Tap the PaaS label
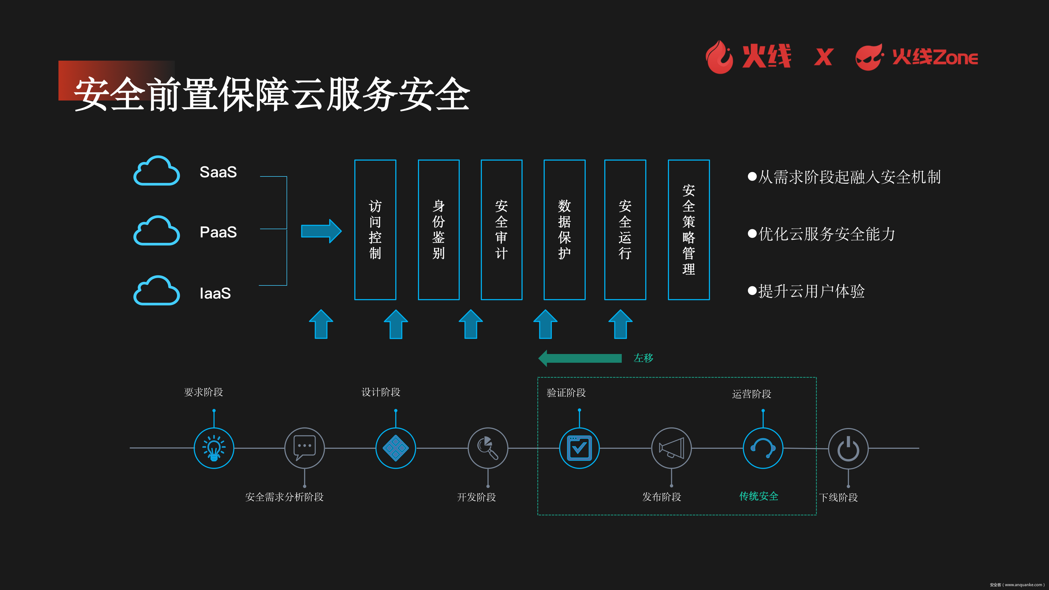click(218, 232)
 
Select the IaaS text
click(215, 293)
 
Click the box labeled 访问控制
click(375, 230)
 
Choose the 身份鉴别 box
click(438, 230)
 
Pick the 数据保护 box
click(564, 230)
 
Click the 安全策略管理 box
click(689, 230)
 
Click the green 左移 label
click(643, 358)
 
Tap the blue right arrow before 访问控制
click(321, 231)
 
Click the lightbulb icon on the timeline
click(214, 448)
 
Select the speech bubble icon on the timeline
click(304, 448)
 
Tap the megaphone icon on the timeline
click(671, 448)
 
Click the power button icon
click(848, 448)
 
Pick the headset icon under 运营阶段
click(763, 448)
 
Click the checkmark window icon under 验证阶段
click(579, 448)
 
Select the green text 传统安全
click(759, 496)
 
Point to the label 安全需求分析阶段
click(284, 497)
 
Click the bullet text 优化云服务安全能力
click(827, 234)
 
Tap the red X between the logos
click(823, 57)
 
